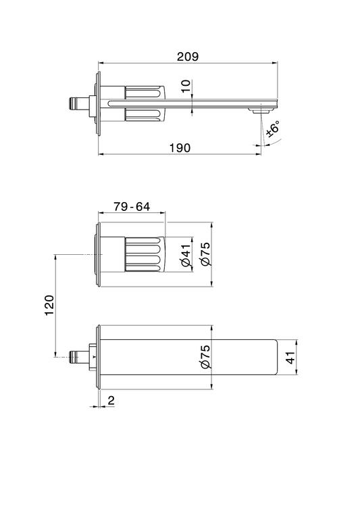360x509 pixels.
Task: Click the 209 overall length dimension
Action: (188, 57)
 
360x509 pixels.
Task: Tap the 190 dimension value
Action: (180, 148)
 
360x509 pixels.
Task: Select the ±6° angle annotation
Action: (273, 128)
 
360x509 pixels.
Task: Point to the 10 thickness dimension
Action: (186, 87)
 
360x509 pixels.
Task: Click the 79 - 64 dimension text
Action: (132, 206)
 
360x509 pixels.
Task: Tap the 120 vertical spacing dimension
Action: (49, 305)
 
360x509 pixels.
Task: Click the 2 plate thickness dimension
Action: (111, 400)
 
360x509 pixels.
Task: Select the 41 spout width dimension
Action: (291, 358)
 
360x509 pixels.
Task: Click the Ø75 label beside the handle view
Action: (205, 254)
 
